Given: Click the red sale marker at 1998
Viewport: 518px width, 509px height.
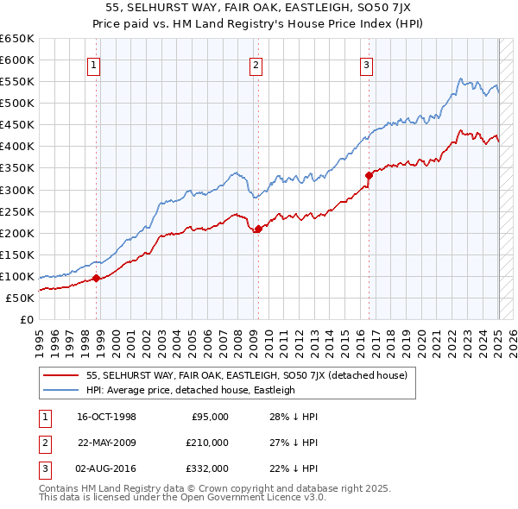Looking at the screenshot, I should tap(97, 278).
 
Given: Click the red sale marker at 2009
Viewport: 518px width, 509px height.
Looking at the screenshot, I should tap(258, 229).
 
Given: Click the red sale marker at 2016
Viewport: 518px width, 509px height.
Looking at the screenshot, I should tap(369, 175).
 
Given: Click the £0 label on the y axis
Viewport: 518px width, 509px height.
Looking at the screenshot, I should tap(28, 319).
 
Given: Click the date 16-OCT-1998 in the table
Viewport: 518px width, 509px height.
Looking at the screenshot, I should tap(107, 417).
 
